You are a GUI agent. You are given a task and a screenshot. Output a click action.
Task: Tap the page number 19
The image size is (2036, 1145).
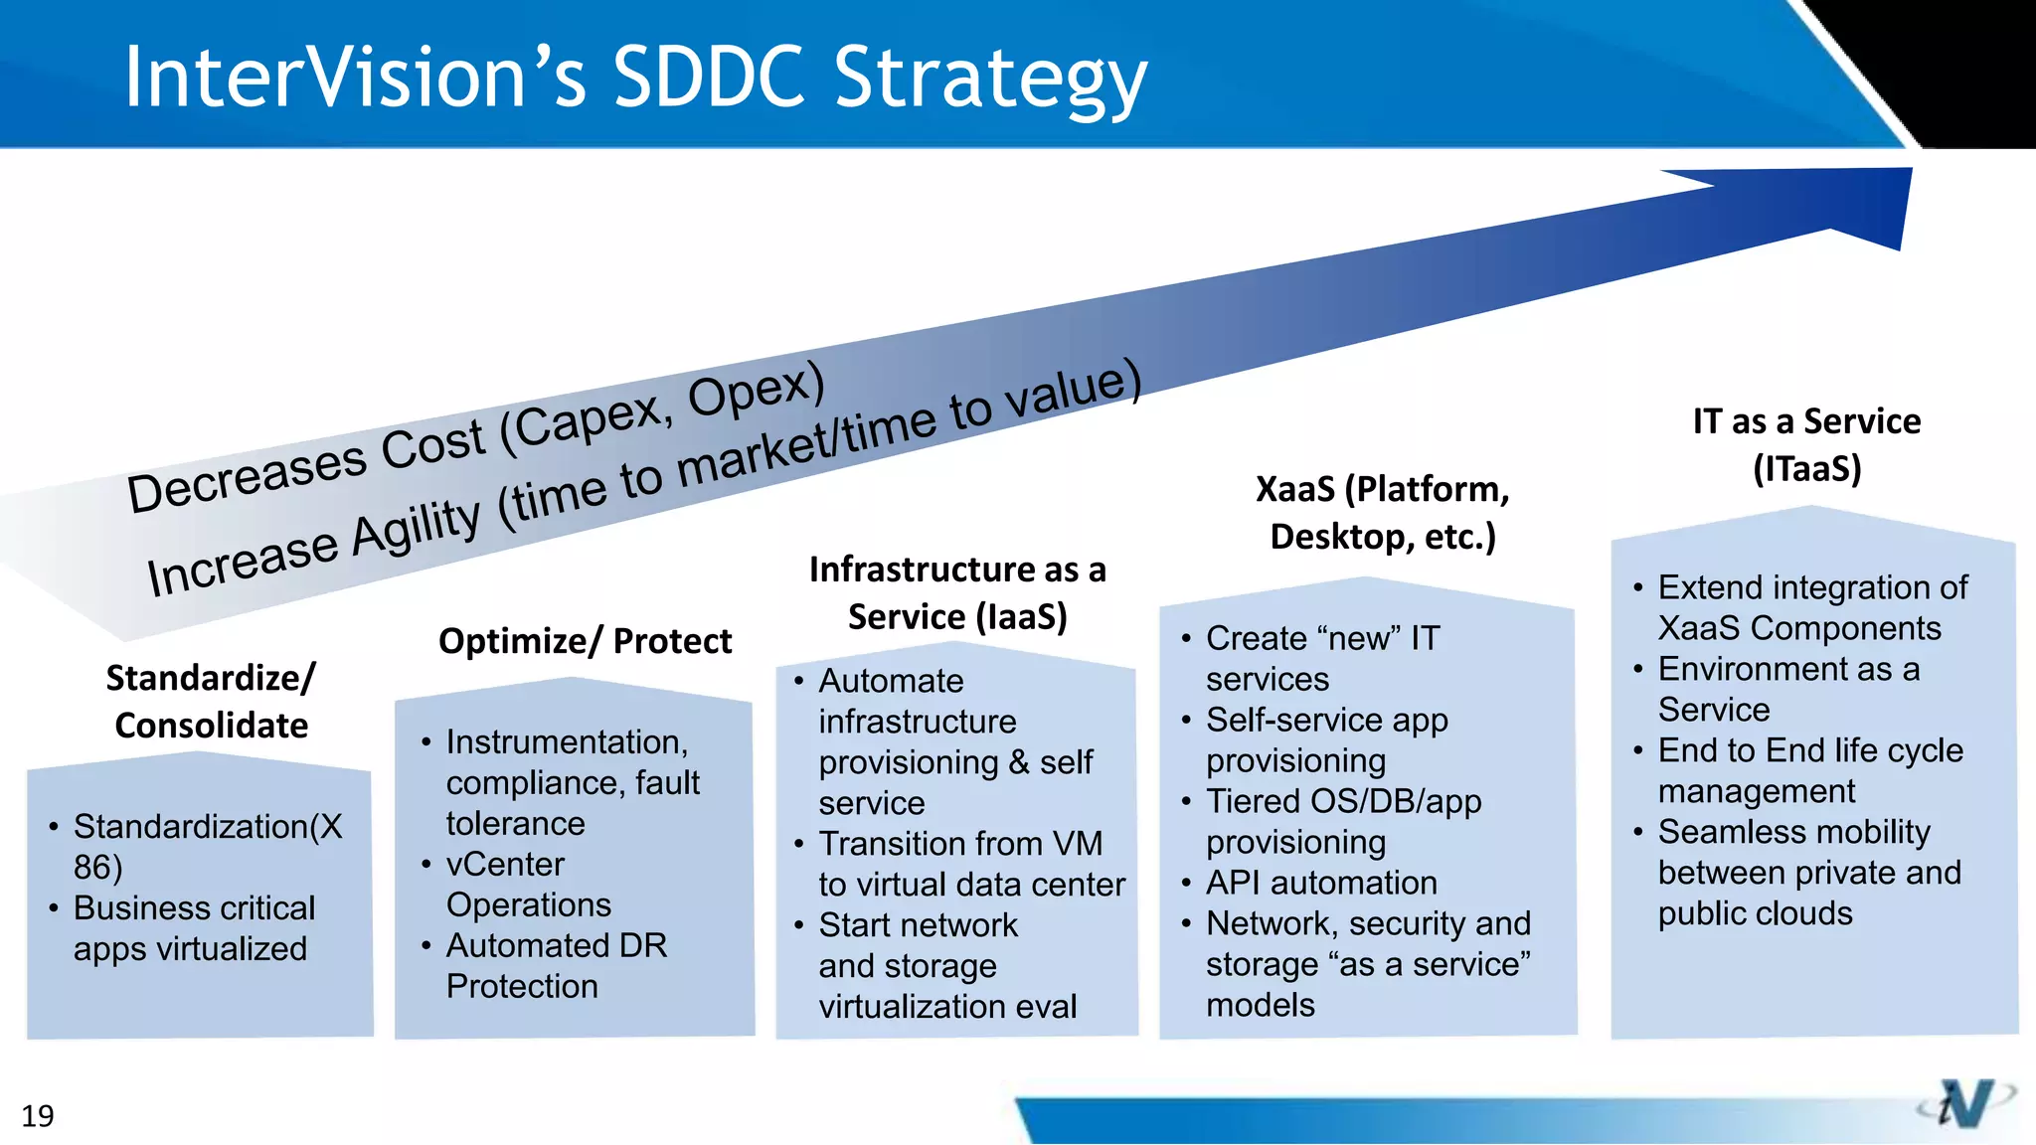pos(38,1116)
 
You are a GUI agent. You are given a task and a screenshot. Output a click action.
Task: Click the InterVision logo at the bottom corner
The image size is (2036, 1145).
pos(1964,1103)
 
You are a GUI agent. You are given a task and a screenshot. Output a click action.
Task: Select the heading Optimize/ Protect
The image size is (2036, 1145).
pos(585,641)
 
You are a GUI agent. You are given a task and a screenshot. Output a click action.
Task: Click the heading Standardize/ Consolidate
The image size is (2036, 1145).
pos(211,701)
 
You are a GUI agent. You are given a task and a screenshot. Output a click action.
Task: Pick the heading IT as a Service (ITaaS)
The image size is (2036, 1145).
pos(1806,444)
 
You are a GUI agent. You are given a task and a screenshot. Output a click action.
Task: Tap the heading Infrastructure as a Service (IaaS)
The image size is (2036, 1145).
pos(956,592)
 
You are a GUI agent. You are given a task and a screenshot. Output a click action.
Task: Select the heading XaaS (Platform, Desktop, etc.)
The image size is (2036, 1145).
pos(1382,512)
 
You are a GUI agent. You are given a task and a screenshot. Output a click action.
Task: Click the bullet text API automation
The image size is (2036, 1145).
pos(1320,883)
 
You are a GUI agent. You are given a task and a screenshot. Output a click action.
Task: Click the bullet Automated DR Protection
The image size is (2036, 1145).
pos(555,965)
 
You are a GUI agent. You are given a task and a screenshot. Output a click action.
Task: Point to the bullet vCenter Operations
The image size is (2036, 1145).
pos(527,885)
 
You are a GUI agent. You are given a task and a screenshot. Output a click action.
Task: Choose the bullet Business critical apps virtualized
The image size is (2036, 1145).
pos(194,928)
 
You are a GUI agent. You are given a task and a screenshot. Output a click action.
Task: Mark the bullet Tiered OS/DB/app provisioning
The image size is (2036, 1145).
pos(1342,821)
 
